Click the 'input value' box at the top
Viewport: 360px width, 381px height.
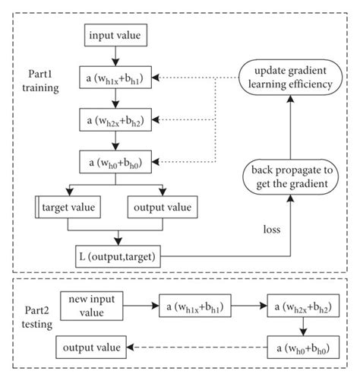click(x=113, y=36)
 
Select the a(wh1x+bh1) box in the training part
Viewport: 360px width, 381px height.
click(x=113, y=78)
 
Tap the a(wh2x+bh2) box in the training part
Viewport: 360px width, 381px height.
click(x=113, y=119)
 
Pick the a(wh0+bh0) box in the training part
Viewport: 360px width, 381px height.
click(x=113, y=161)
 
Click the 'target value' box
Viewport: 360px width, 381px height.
click(x=71, y=206)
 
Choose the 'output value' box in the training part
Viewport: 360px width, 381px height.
click(x=163, y=206)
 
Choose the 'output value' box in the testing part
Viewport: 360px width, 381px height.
click(x=90, y=348)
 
